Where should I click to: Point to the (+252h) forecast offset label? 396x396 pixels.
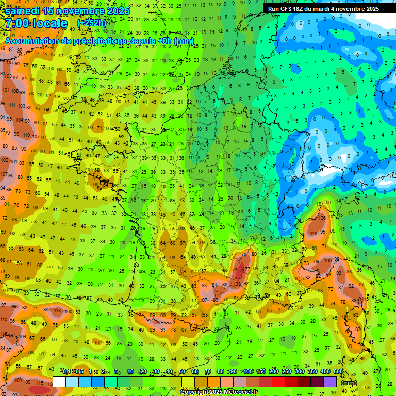click(x=92, y=23)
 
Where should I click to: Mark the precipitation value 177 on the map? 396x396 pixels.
click(x=246, y=269)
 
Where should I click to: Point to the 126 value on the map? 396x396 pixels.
click(x=322, y=218)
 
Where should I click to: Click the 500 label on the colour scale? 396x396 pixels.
click(x=338, y=371)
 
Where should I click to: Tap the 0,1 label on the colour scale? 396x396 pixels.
click(x=67, y=371)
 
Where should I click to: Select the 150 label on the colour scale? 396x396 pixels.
click(x=261, y=371)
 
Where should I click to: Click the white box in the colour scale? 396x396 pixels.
click(x=59, y=382)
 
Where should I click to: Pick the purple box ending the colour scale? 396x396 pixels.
click(x=330, y=382)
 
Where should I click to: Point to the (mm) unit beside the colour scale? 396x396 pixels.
click(x=349, y=383)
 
